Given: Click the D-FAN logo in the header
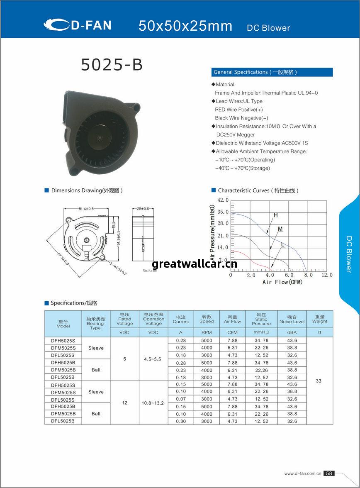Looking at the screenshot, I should (78, 25).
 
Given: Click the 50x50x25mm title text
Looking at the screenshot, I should (185, 26).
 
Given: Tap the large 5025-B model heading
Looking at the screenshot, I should (112, 65).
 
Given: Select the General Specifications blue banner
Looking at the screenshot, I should (272, 72).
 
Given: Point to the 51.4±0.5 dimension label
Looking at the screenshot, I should (86, 208).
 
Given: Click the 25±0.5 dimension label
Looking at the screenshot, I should (142, 208).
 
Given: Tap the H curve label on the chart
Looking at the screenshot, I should (275, 215).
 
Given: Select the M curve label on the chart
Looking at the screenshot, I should (280, 229).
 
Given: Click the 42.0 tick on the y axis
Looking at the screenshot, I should (223, 200).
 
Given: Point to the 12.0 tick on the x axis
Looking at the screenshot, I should (327, 275).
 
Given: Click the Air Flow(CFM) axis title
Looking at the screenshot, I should (282, 282).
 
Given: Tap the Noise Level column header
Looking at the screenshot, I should (292, 319).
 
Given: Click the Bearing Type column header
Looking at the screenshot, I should (95, 323).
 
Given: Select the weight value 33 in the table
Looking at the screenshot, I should (319, 381).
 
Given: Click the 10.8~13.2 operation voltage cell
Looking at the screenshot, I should (153, 403).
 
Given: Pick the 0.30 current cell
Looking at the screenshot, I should (181, 421).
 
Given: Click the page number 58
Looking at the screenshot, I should (329, 473).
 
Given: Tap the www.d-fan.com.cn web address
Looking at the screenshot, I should (303, 473).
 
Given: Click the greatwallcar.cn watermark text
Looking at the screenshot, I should (195, 264).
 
